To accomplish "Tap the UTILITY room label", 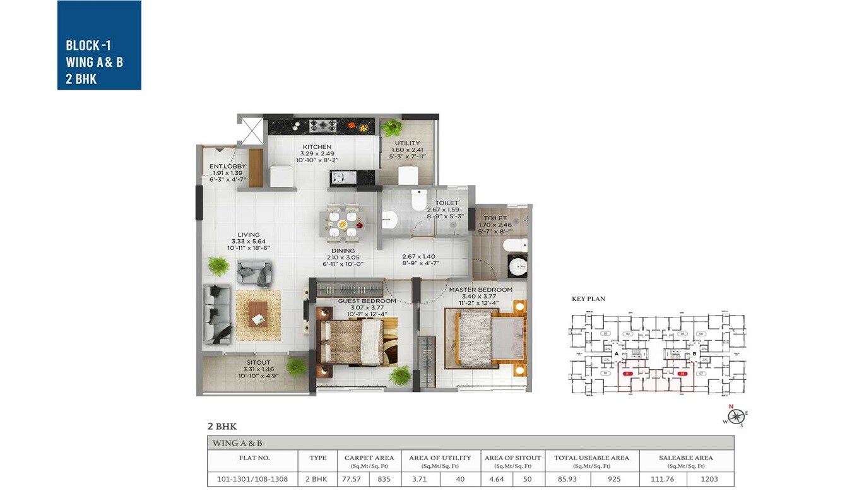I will (407, 143).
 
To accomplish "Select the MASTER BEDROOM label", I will (480, 290).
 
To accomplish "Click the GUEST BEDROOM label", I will (367, 301).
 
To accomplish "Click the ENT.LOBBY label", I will (227, 167).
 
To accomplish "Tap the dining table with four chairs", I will (343, 224).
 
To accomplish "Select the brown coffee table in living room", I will (257, 314).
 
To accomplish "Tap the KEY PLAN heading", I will (588, 299).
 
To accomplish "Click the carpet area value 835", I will (384, 479).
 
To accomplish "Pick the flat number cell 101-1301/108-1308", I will (252, 479).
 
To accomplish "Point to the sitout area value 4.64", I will (497, 479).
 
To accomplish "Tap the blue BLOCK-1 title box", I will (99, 45).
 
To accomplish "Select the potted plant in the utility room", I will (391, 127).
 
